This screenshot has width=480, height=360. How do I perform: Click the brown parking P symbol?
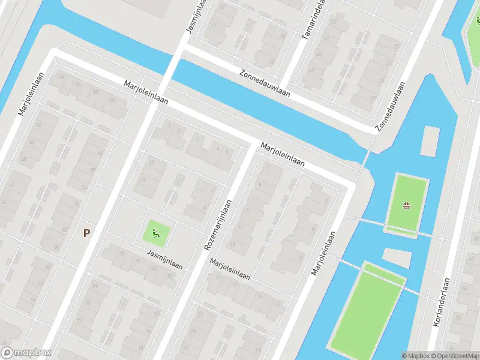pyautogui.click(x=87, y=233)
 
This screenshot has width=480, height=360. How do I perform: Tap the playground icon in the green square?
pyautogui.click(x=156, y=233)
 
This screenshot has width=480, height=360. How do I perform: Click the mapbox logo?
pyautogui.click(x=26, y=353)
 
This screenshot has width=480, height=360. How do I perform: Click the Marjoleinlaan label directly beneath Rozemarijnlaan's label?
pyautogui.click(x=230, y=271)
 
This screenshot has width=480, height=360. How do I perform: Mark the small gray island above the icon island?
pyautogui.click(x=430, y=139)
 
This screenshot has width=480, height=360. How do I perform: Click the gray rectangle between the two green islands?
pyautogui.click(x=398, y=257)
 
